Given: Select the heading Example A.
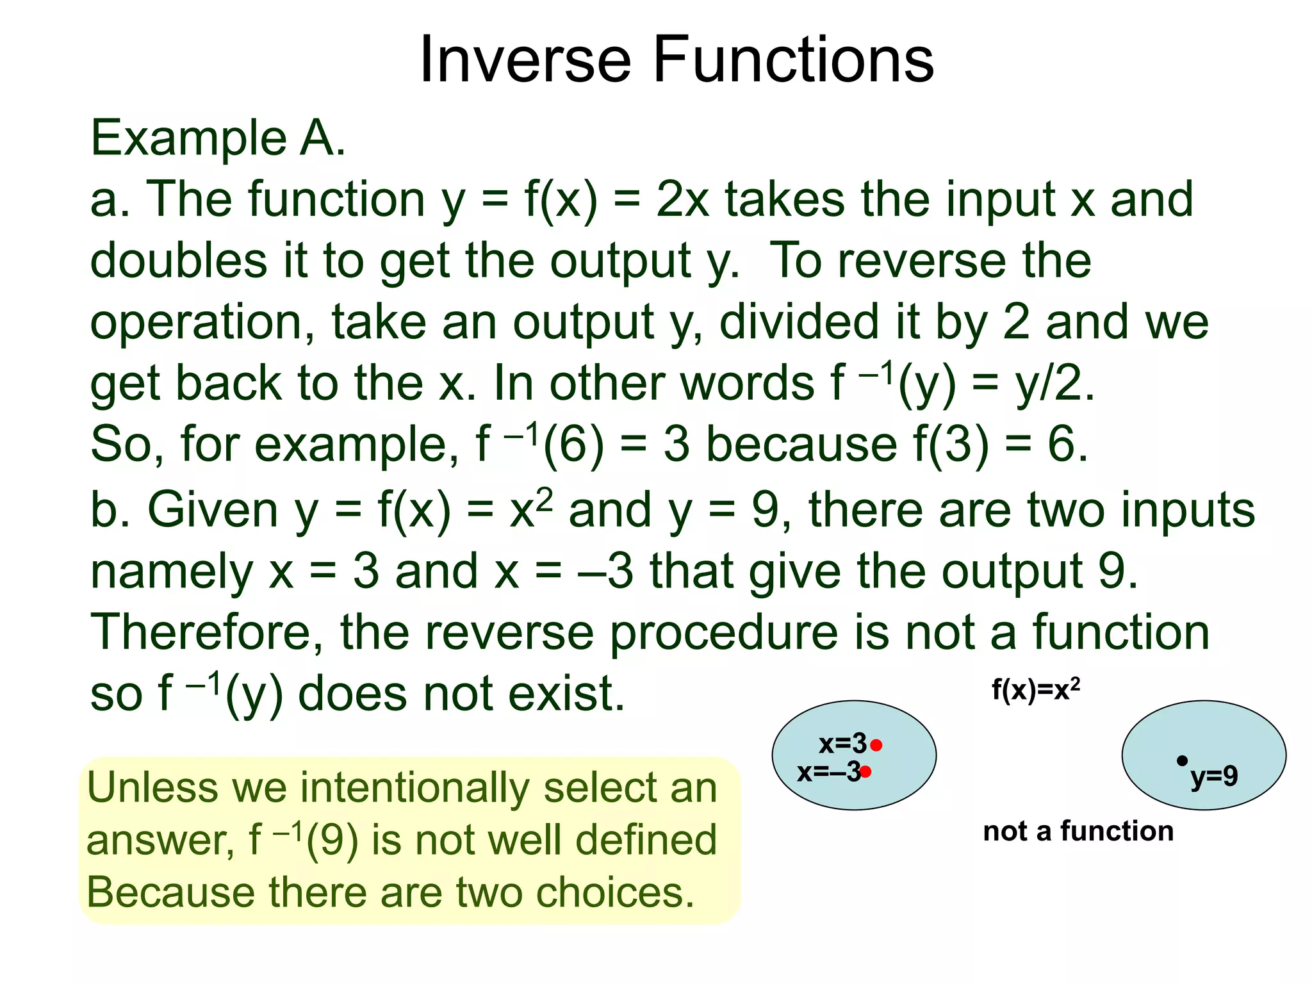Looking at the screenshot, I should pyautogui.click(x=218, y=138).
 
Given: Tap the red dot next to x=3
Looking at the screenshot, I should pyautogui.click(x=876, y=745).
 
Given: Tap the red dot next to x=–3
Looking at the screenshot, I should pyautogui.click(x=865, y=771).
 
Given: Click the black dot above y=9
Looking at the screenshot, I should pyautogui.click(x=1182, y=760).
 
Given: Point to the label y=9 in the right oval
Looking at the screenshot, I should pyautogui.click(x=1214, y=776).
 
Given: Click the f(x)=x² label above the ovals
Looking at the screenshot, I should pyautogui.click(x=1035, y=690).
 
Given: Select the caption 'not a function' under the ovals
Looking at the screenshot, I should pyautogui.click(x=1078, y=831).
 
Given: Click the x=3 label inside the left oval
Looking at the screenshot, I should pyautogui.click(x=842, y=744).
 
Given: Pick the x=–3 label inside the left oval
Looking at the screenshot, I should pyautogui.click(x=828, y=772).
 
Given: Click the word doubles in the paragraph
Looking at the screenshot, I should pyautogui.click(x=178, y=261).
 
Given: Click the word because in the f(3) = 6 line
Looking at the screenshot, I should pyautogui.click(x=801, y=445).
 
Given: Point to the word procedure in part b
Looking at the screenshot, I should pyautogui.click(x=723, y=632).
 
